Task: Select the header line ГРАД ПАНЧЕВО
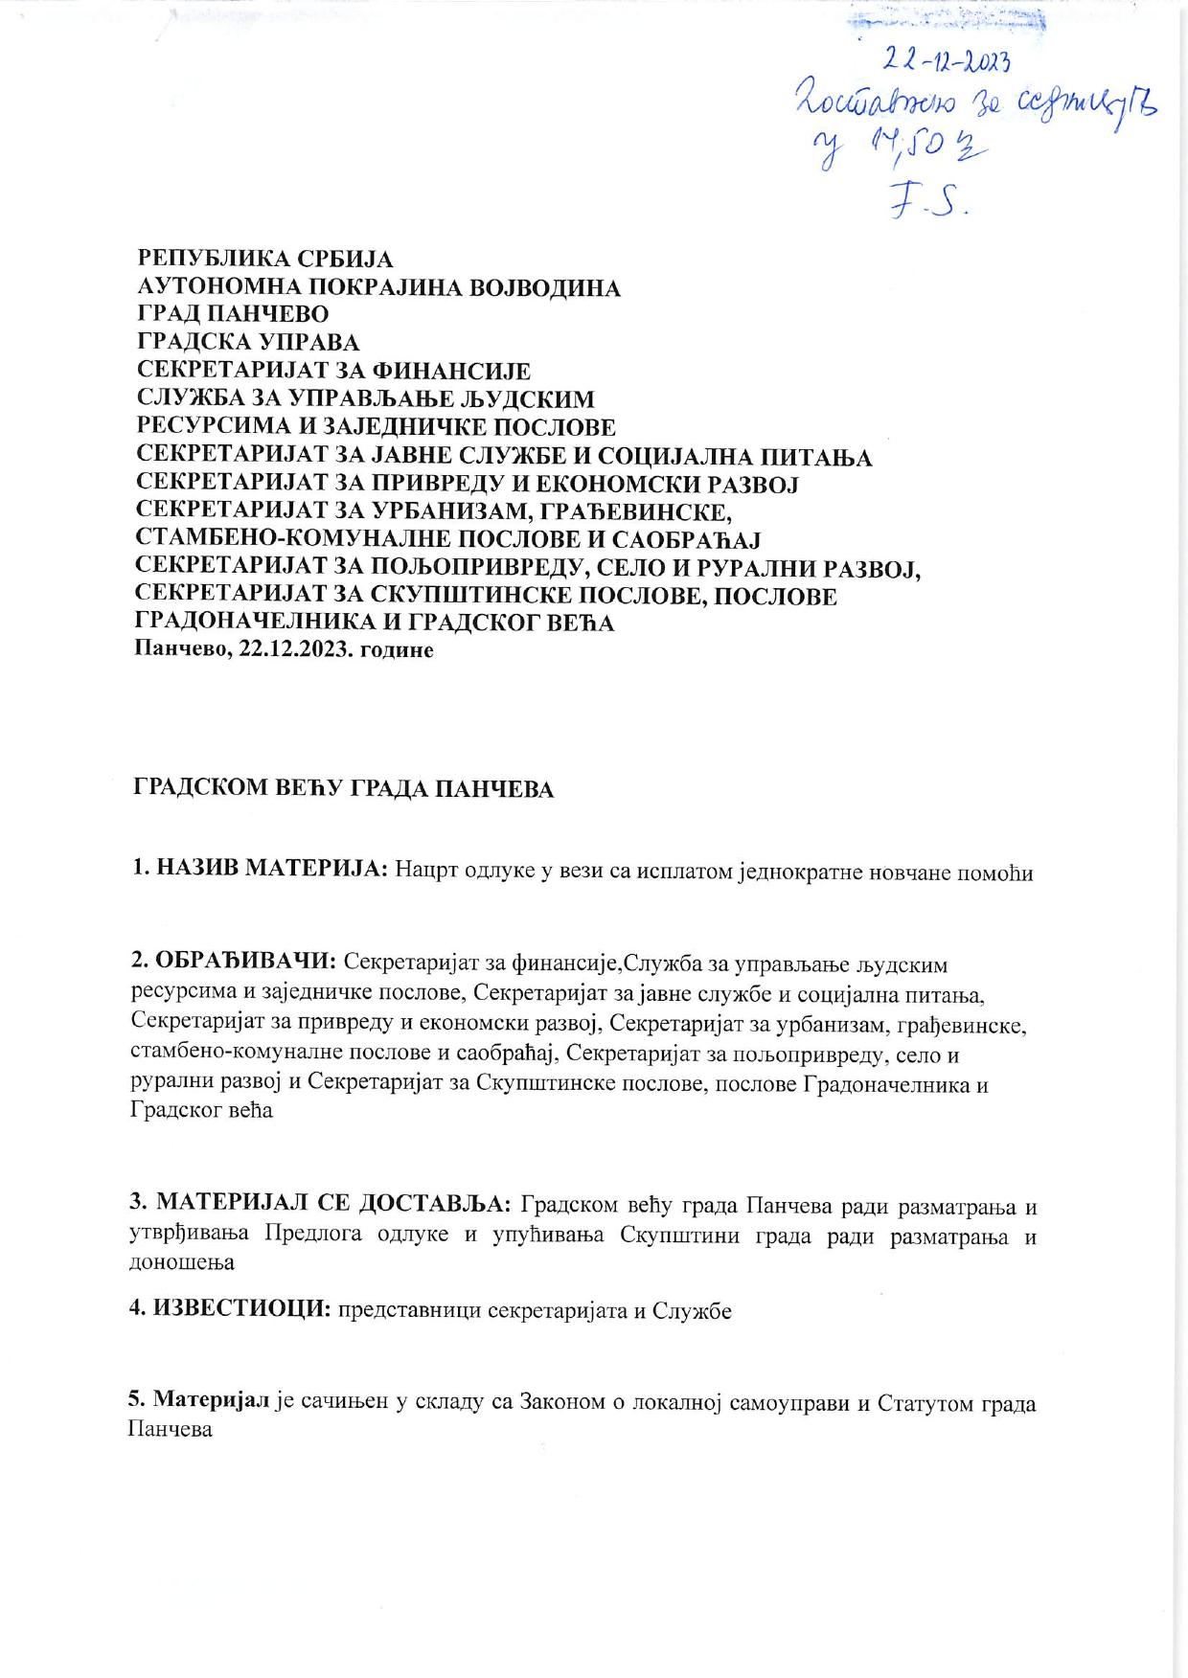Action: (233, 314)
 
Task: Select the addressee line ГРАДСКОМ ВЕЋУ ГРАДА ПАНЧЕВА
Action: (343, 789)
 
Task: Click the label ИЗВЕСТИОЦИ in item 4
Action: (242, 1310)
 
